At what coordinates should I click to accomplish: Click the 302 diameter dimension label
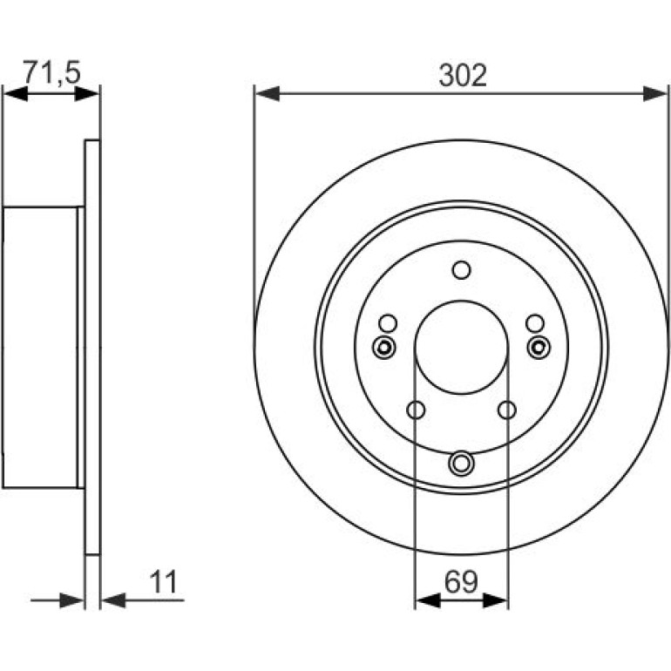[x=463, y=76]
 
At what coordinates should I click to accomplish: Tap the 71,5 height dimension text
[x=51, y=71]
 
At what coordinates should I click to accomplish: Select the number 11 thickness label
[x=163, y=582]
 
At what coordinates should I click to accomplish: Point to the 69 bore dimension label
[x=460, y=582]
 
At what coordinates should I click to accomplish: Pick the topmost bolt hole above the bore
[x=461, y=270]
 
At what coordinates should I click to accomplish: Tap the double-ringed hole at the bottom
[x=461, y=463]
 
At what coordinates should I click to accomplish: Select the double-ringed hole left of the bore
[x=383, y=347]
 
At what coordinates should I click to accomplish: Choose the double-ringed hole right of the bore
[x=539, y=347]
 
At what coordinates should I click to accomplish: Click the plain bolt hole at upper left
[x=388, y=323]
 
